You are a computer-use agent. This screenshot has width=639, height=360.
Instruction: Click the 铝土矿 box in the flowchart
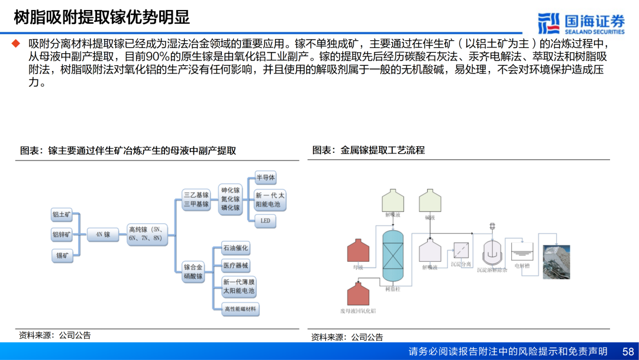62,215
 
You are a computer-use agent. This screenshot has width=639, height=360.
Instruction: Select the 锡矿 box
62,255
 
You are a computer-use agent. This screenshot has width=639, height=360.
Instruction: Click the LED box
265,220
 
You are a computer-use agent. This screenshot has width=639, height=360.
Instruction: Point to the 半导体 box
265,178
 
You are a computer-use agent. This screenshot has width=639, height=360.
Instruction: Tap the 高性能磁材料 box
240,308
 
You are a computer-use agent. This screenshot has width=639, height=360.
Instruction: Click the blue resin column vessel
392,256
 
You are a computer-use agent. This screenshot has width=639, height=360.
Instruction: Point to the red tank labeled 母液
358,251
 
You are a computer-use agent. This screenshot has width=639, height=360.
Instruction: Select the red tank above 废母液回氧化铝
358,294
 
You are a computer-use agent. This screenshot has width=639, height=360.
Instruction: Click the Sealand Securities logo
581,22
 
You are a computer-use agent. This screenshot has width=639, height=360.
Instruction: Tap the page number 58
628,352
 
